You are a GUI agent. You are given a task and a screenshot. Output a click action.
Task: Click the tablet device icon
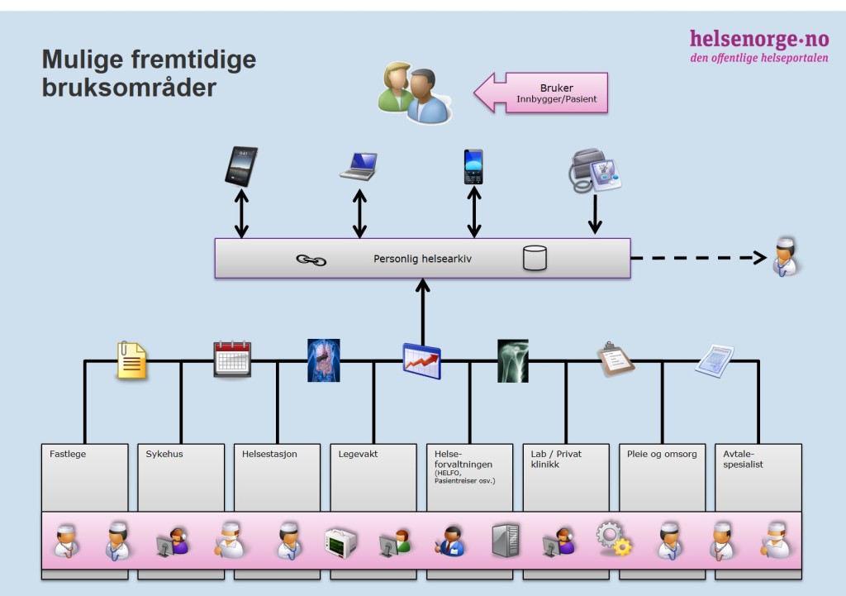point(241,166)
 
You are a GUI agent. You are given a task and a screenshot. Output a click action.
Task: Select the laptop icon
point(359,166)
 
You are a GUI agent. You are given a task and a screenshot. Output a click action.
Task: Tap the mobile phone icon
point(473,167)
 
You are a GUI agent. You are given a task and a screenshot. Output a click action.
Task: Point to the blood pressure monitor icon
point(595,170)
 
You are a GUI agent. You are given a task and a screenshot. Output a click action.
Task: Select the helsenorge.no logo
point(759,46)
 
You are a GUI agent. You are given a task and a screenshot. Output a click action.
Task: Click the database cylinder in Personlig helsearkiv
point(535,258)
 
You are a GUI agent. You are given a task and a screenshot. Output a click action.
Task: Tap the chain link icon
point(311,260)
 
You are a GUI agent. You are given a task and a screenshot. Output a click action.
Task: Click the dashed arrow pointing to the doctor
point(699,258)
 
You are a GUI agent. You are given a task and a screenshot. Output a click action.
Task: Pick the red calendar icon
point(232,359)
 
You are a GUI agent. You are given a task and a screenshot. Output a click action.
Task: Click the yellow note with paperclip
point(131,360)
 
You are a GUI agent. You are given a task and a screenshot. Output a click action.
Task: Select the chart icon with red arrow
point(422,360)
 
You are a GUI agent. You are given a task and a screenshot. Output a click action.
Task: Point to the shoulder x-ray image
point(512,360)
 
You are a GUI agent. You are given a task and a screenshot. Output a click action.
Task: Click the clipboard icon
point(615,359)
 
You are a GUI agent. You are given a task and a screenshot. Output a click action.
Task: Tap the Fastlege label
point(68,454)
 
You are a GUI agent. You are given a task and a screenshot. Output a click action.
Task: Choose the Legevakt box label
point(358,454)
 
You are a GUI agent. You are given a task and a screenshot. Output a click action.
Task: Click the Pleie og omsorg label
point(662,454)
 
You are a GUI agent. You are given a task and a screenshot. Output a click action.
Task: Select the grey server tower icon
point(506,540)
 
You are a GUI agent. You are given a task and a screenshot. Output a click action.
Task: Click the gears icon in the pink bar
point(614,539)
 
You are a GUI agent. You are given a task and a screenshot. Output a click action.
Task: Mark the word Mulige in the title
point(82,60)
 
